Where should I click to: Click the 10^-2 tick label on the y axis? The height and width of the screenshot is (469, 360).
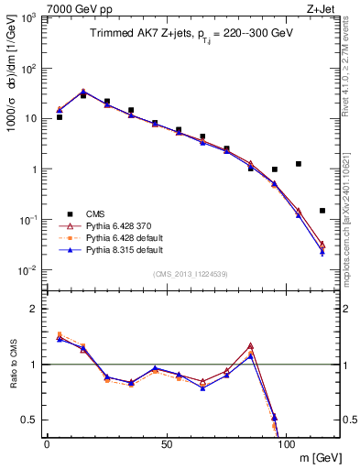coord(27,270)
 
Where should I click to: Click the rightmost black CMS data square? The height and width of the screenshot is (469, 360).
coord(322,211)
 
